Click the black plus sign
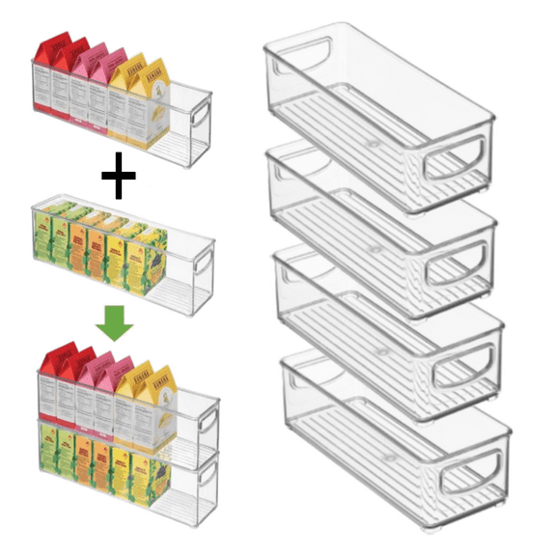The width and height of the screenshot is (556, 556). point(118,181)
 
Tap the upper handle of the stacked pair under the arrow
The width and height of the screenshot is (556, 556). point(206,418)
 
